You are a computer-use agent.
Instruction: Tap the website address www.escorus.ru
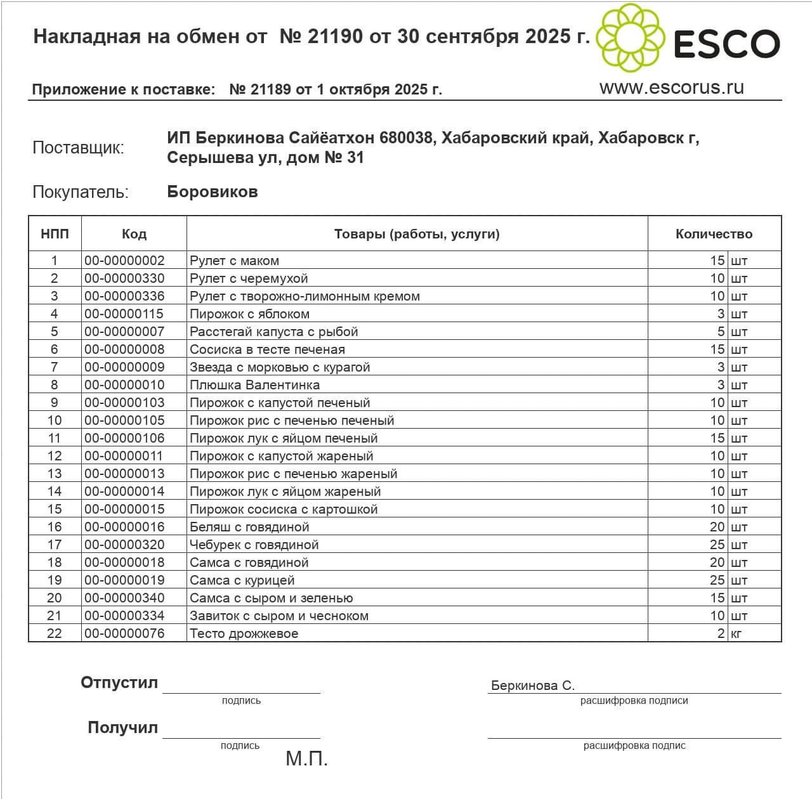pos(671,88)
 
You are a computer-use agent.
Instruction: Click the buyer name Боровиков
pos(213,192)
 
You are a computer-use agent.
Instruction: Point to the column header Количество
pos(714,234)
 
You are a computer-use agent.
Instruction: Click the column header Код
pos(134,234)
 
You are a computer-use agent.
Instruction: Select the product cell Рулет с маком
pos(235,261)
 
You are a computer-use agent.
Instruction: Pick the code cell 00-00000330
pos(124,278)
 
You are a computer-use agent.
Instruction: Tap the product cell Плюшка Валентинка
pos(254,385)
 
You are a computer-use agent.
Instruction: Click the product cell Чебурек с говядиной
pos(254,545)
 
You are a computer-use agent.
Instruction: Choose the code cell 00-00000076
pos(124,633)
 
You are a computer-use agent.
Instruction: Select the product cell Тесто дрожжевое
pos(244,633)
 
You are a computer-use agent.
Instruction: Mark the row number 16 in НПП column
pos(55,527)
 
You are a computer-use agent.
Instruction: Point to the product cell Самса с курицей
pos(242,580)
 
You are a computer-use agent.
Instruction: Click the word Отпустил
pos(119,683)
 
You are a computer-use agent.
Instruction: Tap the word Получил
pos(122,728)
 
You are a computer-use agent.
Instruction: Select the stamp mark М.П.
pos(306,758)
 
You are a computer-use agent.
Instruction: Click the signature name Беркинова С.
pos(533,685)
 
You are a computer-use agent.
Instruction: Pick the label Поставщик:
pos(78,148)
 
